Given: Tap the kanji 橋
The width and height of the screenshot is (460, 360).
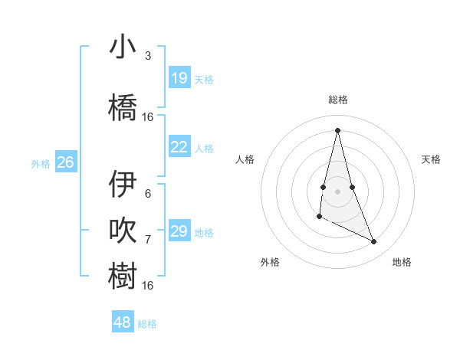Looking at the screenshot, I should click(123, 107).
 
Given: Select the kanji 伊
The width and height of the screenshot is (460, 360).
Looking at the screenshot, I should click(123, 185).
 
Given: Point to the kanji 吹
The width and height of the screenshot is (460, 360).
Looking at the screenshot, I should click(123, 231).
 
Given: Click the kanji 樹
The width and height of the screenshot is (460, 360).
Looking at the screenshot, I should click(123, 276).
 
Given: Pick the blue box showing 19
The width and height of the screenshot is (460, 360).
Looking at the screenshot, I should click(179, 78).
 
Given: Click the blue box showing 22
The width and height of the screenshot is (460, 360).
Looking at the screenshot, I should click(179, 147).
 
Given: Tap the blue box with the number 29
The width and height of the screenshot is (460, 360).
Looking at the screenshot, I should click(179, 231).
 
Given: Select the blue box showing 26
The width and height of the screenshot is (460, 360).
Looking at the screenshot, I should click(66, 162).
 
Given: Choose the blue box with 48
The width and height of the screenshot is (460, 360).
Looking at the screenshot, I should click(123, 322).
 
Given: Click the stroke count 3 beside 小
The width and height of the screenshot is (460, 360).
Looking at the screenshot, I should click(147, 56).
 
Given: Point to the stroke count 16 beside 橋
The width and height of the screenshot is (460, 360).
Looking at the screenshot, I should click(148, 117).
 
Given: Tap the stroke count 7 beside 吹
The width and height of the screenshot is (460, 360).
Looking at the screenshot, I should click(147, 240).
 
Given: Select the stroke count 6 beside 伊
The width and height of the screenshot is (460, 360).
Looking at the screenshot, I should click(147, 194).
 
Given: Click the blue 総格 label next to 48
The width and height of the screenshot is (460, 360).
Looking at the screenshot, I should click(147, 324).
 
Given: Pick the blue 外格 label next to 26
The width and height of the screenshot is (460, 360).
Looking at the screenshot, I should click(41, 163).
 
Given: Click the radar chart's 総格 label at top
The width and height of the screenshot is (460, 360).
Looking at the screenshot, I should click(338, 100).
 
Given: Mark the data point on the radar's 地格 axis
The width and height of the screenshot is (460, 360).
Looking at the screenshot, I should click(374, 242).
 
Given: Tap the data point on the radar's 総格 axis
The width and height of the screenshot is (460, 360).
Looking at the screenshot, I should click(337, 129).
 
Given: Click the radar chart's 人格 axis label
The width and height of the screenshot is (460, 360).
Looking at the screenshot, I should click(245, 159).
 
